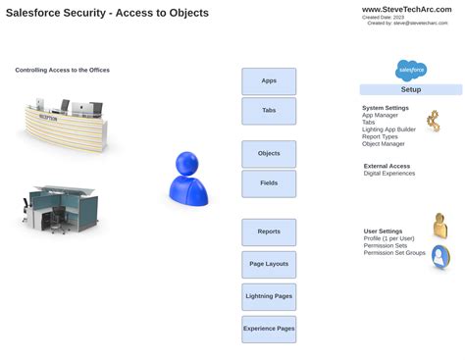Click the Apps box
pos(269,81)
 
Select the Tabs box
pos(269,111)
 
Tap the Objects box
pos(269,154)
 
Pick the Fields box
pos(269,183)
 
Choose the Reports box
pos(269,232)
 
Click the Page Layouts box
pos(269,264)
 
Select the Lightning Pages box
pos(269,296)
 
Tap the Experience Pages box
pos(269,329)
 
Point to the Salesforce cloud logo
pos(411,70)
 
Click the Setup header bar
pos(410,89)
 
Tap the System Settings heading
pos(386,108)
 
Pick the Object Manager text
pos(384,144)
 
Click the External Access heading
pos(387,166)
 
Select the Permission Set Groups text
pos(394,253)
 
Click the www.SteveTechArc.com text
pos(406,9)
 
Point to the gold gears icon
pos(433,122)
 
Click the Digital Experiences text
pos(389,174)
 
